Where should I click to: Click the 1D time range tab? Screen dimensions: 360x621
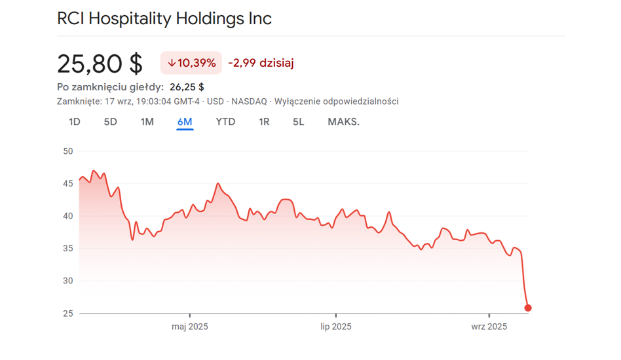pyautogui.click(x=75, y=122)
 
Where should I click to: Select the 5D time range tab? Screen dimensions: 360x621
pyautogui.click(x=111, y=122)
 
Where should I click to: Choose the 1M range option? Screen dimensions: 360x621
pyautogui.click(x=147, y=122)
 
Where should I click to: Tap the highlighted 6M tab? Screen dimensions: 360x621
pyautogui.click(x=185, y=122)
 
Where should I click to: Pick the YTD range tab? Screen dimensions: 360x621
pyautogui.click(x=225, y=122)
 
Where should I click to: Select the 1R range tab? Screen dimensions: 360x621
pyautogui.click(x=264, y=122)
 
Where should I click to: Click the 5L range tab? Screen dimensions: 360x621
pyautogui.click(x=299, y=122)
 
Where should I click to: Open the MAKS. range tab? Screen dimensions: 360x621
pyautogui.click(x=343, y=122)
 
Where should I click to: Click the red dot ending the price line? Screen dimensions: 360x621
pyautogui.click(x=528, y=308)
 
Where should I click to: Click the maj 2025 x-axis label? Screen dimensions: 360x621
pyautogui.click(x=190, y=327)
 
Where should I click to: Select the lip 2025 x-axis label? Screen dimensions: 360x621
pyautogui.click(x=336, y=327)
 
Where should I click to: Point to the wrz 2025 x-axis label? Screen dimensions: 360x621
pyautogui.click(x=489, y=327)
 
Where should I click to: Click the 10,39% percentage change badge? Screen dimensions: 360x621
pyautogui.click(x=191, y=63)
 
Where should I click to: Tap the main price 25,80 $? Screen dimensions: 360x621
pyautogui.click(x=100, y=63)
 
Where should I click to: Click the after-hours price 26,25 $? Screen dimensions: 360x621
pyautogui.click(x=187, y=86)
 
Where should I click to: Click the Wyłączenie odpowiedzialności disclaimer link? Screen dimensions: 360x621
pyautogui.click(x=336, y=101)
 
